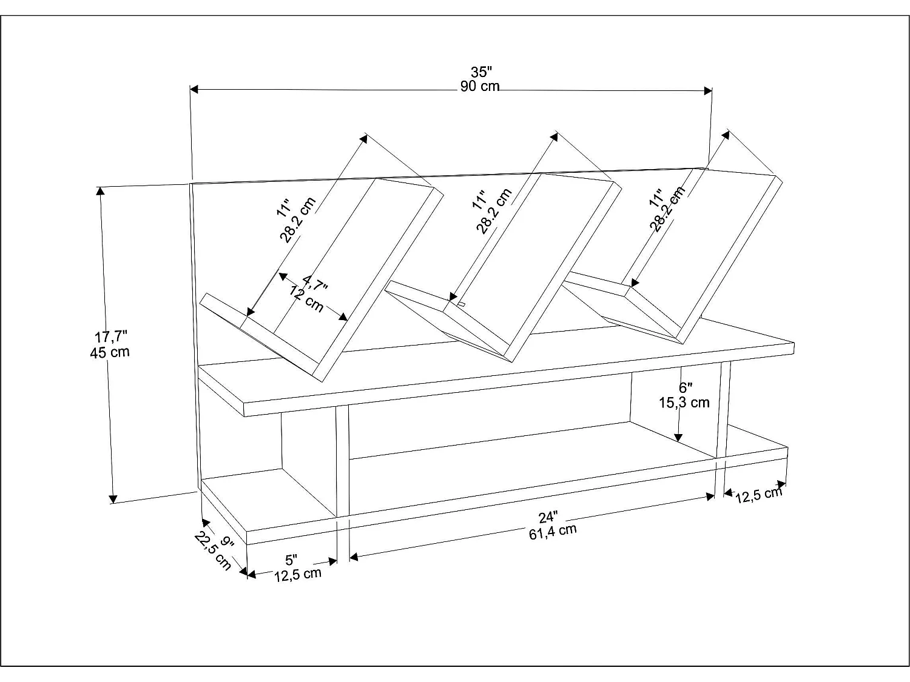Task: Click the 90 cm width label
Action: (x=480, y=87)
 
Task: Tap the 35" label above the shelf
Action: (x=481, y=72)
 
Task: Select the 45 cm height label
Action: (x=110, y=352)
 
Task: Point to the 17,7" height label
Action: (x=110, y=336)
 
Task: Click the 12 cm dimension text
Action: (x=306, y=299)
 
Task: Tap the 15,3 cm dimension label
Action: (x=684, y=402)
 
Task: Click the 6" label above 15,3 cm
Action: (x=686, y=387)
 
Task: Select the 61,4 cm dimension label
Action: (x=553, y=532)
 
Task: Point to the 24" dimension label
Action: (x=548, y=517)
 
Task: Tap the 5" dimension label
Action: (x=291, y=560)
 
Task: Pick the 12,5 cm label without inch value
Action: (x=759, y=495)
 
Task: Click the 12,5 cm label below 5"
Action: (x=298, y=575)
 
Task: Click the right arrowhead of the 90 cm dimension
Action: (x=708, y=91)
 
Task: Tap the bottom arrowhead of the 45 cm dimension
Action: (x=113, y=498)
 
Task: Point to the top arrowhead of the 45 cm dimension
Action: (x=100, y=192)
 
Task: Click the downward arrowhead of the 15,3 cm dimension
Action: (x=678, y=437)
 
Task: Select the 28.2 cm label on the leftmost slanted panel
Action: (x=298, y=220)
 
